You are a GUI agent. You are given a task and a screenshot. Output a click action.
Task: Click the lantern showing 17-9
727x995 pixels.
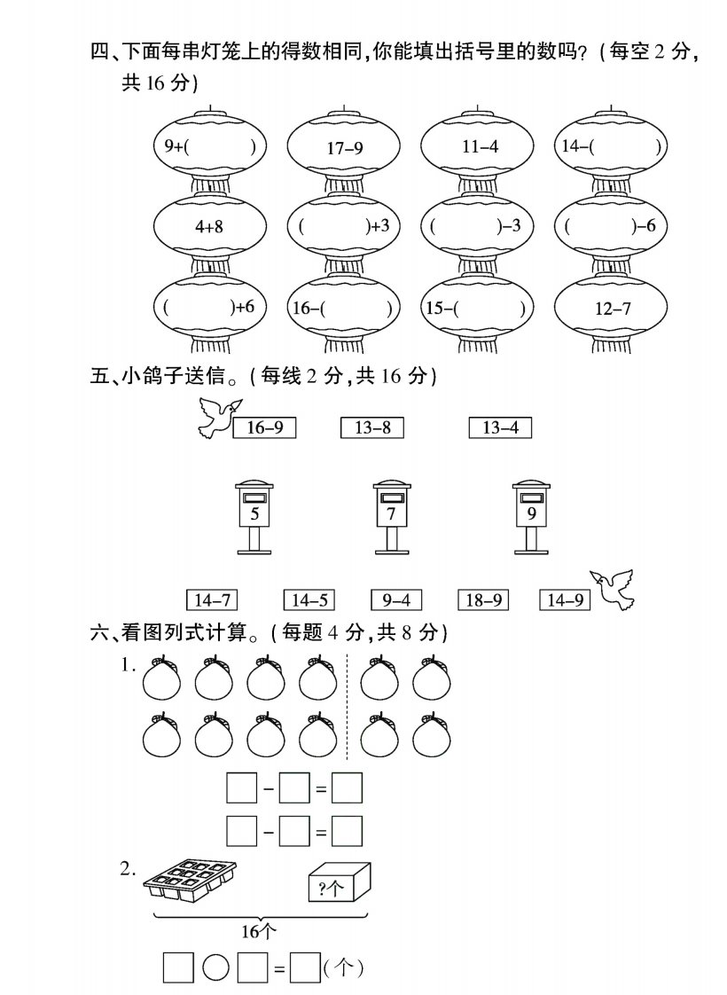click(x=343, y=146)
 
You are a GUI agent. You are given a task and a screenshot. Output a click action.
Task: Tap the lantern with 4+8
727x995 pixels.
click(x=209, y=226)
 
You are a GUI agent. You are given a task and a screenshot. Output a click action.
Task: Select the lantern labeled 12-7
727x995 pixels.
click(x=611, y=309)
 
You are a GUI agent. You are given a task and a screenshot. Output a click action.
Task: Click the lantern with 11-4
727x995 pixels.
click(x=477, y=146)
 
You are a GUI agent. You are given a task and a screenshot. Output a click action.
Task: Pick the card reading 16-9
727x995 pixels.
click(x=264, y=427)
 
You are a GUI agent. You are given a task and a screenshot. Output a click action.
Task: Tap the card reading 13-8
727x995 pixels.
click(x=372, y=427)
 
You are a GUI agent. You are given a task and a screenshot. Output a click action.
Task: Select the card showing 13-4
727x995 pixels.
click(x=500, y=427)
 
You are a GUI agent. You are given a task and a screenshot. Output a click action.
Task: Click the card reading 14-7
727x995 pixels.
click(x=212, y=599)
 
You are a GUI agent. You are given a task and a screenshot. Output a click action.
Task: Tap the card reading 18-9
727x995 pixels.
click(x=483, y=599)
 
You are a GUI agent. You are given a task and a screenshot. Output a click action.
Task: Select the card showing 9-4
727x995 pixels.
click(x=396, y=599)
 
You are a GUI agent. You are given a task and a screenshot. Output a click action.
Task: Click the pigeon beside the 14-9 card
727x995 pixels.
click(x=613, y=589)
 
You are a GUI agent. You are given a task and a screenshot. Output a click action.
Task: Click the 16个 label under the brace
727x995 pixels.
click(x=259, y=931)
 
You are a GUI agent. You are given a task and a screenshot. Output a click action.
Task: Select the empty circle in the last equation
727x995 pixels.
click(x=215, y=968)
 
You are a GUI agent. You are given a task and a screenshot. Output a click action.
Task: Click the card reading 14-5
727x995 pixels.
click(x=309, y=599)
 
